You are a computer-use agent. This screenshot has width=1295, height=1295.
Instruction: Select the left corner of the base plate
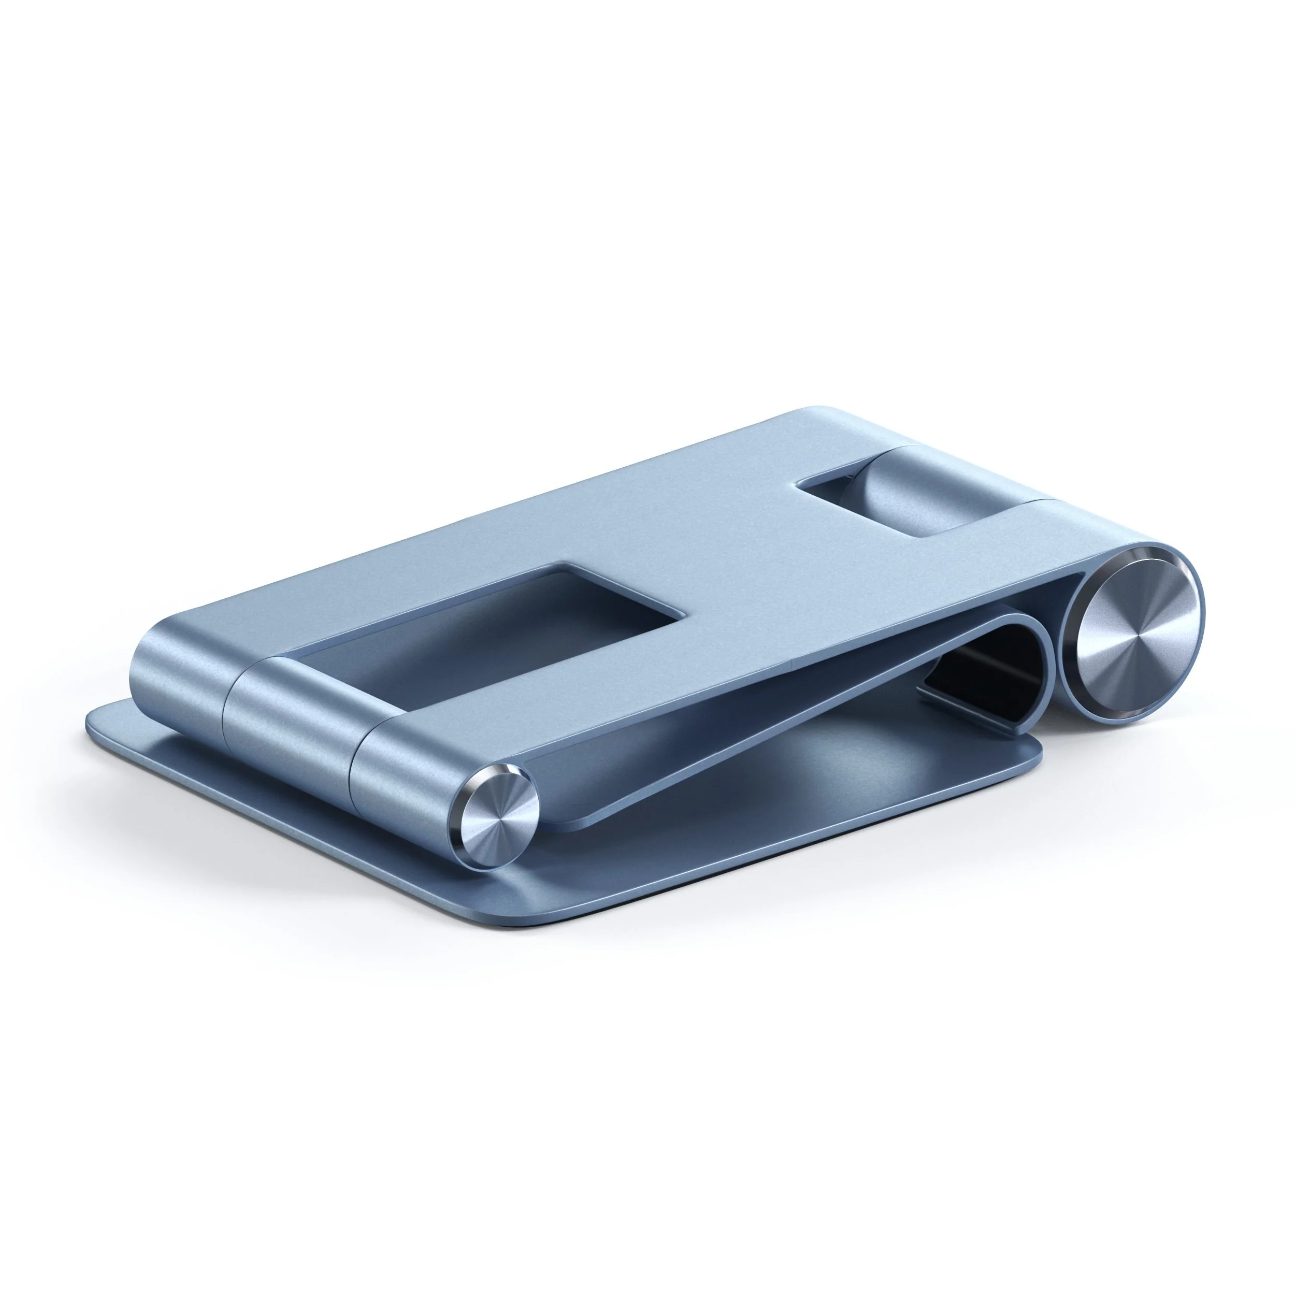click(94, 721)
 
